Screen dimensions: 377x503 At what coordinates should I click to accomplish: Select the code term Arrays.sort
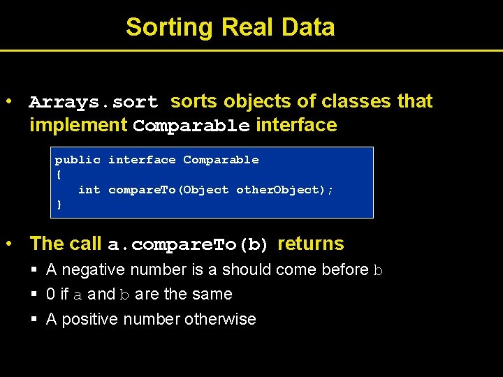(x=94, y=102)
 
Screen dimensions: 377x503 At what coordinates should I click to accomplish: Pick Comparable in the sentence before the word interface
(x=191, y=126)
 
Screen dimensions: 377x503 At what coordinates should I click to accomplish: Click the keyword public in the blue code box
(x=78, y=160)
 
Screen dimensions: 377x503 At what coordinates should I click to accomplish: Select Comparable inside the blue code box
(x=221, y=160)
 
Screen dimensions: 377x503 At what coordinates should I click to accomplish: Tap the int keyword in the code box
(x=89, y=190)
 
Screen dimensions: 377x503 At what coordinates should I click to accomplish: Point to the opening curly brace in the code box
(x=59, y=175)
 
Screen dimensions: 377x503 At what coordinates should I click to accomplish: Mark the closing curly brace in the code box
(x=59, y=205)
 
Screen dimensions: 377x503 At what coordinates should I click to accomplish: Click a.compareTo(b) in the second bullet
(x=188, y=245)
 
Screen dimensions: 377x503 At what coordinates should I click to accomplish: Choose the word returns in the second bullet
(x=311, y=244)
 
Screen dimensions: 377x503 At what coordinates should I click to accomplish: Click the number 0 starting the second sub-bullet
(x=50, y=295)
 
